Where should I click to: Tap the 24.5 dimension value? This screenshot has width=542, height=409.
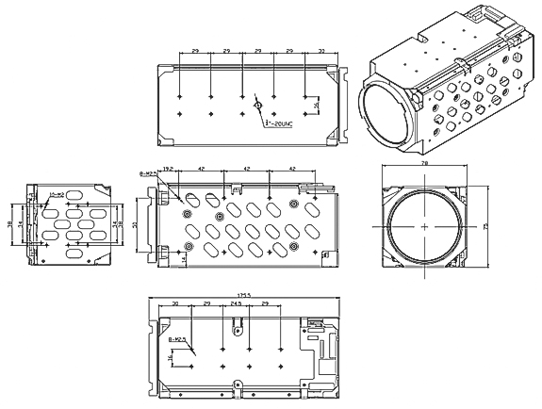[236, 304]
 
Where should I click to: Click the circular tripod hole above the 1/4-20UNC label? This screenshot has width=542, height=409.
[256, 106]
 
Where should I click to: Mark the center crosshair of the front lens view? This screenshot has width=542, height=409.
[424, 227]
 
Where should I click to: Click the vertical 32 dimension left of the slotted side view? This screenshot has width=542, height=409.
[135, 224]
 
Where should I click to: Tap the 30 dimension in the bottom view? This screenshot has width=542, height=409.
[176, 304]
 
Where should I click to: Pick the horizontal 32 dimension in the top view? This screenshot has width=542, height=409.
[322, 50]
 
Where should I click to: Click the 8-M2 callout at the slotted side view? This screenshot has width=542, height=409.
[146, 173]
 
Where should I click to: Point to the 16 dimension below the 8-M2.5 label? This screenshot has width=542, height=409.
[171, 359]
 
